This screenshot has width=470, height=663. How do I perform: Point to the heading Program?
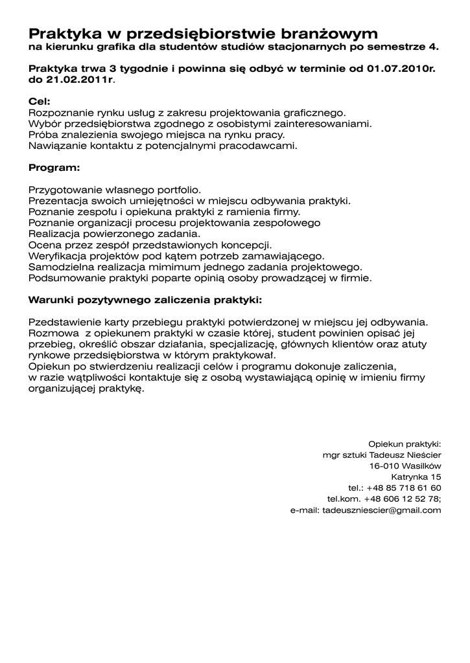(x=54, y=168)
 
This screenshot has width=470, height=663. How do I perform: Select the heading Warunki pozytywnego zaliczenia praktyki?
(x=146, y=300)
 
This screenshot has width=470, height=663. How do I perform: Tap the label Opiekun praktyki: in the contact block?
(x=405, y=444)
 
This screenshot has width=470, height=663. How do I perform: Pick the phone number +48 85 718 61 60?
(x=403, y=488)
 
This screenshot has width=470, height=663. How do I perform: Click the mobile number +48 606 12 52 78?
(x=402, y=499)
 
